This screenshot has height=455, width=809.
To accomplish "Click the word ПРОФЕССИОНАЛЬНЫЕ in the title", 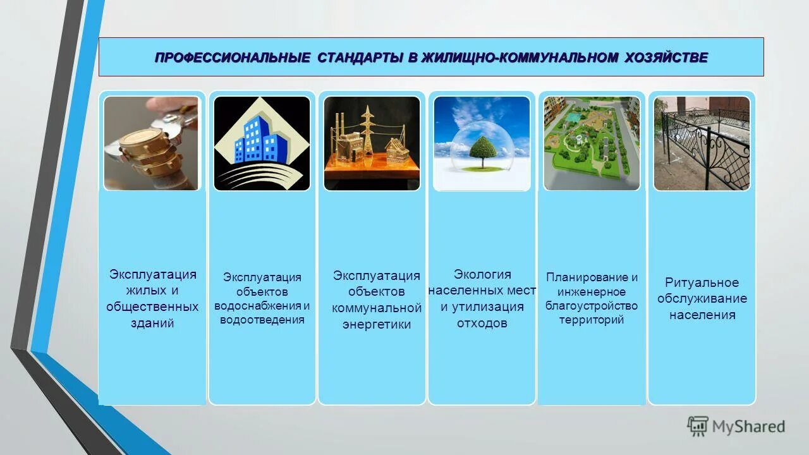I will [232, 58].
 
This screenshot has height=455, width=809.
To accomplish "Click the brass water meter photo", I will [151, 143].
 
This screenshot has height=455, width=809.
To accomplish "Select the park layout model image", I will [592, 143].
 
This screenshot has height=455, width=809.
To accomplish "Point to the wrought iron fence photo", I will [702, 143].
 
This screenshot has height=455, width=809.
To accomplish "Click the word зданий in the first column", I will [152, 324].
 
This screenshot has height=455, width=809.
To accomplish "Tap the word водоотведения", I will [262, 320].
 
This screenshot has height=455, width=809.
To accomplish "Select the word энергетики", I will [377, 325].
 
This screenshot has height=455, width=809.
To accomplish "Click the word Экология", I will [482, 274].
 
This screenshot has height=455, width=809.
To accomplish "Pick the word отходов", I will [482, 324].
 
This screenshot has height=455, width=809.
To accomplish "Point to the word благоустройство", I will [592, 306].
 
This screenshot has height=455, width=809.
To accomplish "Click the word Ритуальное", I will [702, 282].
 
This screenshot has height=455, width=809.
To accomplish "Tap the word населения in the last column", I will [702, 315].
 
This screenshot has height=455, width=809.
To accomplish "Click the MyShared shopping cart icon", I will [698, 426].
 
